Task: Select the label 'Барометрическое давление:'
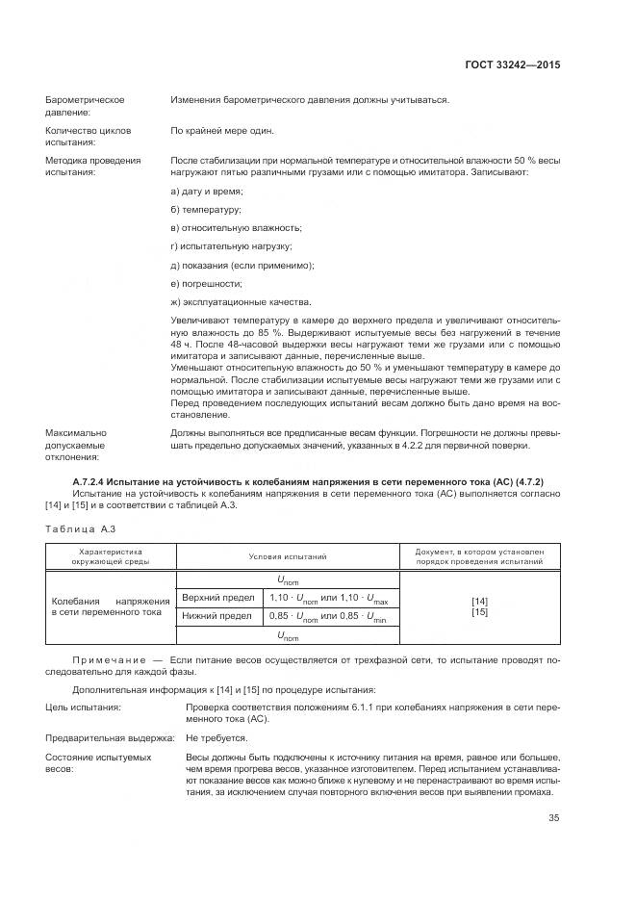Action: [86, 106]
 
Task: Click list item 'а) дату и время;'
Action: [207, 192]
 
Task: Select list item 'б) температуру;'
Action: [205, 210]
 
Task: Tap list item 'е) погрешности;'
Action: [205, 283]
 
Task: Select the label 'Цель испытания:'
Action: [83, 708]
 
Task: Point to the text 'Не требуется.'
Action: [214, 738]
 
